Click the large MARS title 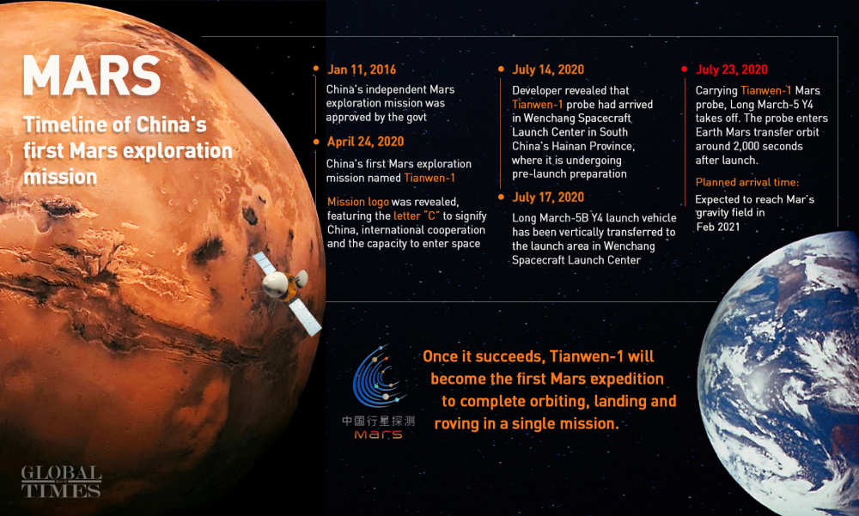click(92, 76)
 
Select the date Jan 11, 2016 click(362, 70)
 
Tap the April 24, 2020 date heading click(365, 142)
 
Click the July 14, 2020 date click(548, 70)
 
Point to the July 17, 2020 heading click(548, 197)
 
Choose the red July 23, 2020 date click(731, 70)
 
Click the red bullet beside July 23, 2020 click(685, 69)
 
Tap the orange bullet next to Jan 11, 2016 click(316, 69)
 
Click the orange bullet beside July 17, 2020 click(501, 197)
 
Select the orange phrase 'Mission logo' click(357, 202)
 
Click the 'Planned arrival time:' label click(747, 182)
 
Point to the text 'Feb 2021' click(717, 227)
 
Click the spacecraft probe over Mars click(287, 292)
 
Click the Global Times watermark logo click(61, 482)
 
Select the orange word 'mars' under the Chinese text click(378, 434)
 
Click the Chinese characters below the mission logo click(378, 421)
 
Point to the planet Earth click(779, 373)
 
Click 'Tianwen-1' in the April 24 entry click(429, 178)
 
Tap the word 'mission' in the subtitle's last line click(60, 177)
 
